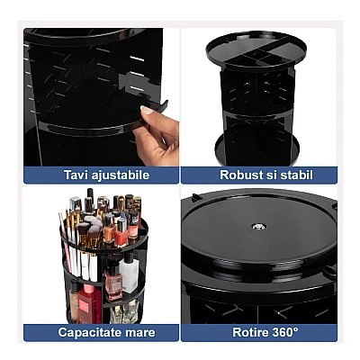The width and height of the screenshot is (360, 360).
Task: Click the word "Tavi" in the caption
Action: click(73, 175)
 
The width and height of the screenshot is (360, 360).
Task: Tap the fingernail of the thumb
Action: click(148, 110)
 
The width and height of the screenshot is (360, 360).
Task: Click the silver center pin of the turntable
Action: click(258, 227)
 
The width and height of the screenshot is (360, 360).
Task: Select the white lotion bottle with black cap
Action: click(130, 272)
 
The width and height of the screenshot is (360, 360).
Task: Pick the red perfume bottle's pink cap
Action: click(89, 289)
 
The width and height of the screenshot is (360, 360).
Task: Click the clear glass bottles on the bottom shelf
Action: click(124, 311)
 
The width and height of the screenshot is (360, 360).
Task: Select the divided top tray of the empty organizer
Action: click(256, 52)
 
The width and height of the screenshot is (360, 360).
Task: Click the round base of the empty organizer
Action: click(257, 150)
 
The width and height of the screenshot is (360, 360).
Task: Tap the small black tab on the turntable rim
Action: click(195, 197)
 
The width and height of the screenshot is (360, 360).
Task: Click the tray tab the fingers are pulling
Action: click(157, 107)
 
